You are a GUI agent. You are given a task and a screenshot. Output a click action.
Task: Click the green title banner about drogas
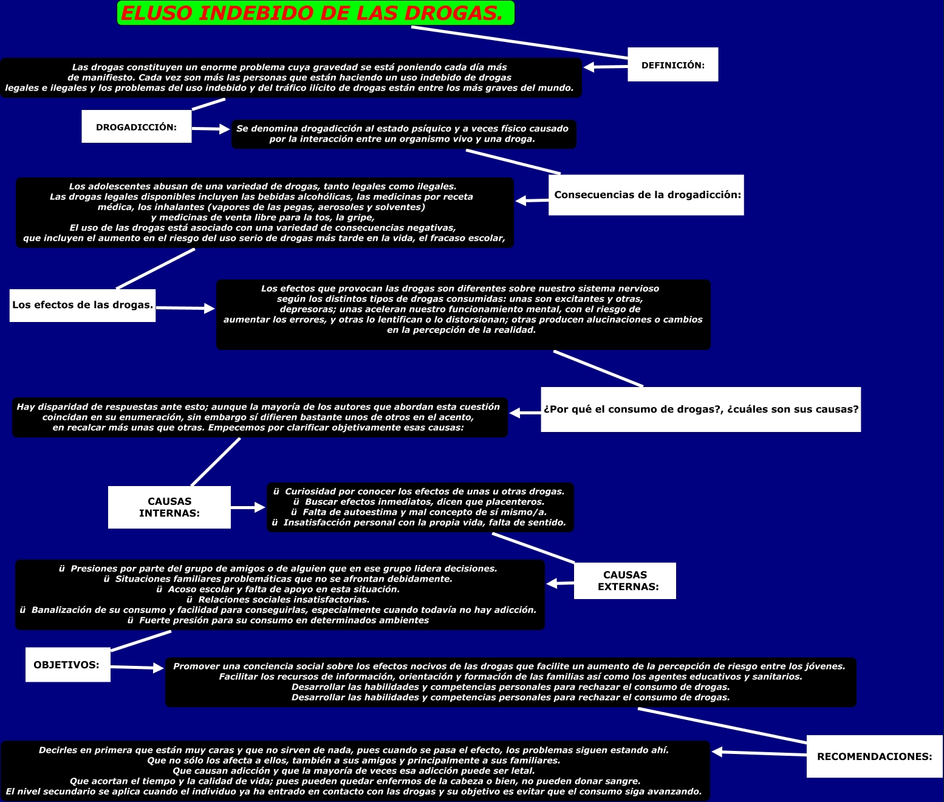pos(315,13)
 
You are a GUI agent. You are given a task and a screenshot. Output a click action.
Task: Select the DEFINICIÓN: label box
pos(672,64)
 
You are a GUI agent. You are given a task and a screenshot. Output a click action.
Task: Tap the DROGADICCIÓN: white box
pos(136,126)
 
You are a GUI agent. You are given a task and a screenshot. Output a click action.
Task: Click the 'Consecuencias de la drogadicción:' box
pos(646,195)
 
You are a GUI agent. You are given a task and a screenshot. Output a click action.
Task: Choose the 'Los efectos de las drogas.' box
pos(83,305)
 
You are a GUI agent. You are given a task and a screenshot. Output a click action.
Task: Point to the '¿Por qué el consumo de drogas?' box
pos(700,410)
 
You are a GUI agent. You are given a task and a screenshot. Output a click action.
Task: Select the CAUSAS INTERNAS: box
pos(169,507)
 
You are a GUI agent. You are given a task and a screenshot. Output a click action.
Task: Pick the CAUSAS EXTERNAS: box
pos(624,581)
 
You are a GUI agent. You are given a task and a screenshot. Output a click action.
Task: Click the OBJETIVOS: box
pos(67,665)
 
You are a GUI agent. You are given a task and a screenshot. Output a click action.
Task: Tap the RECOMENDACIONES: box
pos(874,756)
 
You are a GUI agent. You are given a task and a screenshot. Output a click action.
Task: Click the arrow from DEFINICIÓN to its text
pos(605,67)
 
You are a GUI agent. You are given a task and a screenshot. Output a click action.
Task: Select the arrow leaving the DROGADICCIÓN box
pos(211,129)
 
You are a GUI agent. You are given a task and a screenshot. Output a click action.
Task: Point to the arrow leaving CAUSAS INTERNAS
pos(248,507)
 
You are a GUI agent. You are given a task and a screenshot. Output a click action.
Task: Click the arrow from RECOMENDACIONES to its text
pos(759,753)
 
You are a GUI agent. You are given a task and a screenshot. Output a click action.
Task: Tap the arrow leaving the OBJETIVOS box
pos(137,667)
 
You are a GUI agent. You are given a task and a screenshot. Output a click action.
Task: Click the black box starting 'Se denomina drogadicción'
pos(403,134)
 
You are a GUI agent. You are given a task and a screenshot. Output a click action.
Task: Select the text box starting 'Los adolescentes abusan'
pos(264,213)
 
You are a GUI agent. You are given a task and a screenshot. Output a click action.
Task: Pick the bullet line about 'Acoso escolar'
pos(278,589)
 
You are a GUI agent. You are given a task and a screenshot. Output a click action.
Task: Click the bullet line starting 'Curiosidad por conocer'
pos(419,492)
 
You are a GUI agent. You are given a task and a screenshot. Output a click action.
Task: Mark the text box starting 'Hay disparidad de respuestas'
pos(259,417)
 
